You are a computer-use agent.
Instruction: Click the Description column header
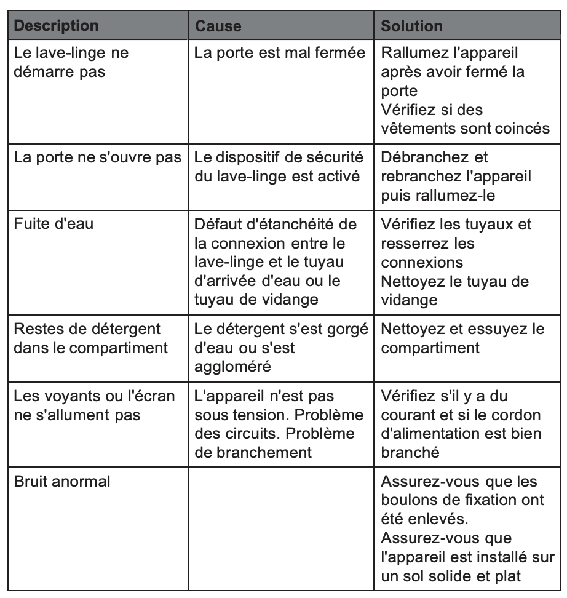pos(56,26)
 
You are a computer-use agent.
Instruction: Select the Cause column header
pos(218,26)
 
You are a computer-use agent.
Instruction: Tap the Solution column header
pos(412,26)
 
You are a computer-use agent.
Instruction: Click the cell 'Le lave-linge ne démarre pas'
pos(71,62)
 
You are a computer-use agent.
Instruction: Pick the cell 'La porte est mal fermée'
pos(279,54)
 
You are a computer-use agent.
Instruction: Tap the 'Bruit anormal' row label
pos(62,481)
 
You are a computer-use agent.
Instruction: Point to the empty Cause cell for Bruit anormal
pos(280,528)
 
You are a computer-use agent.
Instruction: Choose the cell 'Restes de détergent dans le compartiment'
pos(90,338)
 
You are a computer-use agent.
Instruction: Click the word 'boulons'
pos(408,500)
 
